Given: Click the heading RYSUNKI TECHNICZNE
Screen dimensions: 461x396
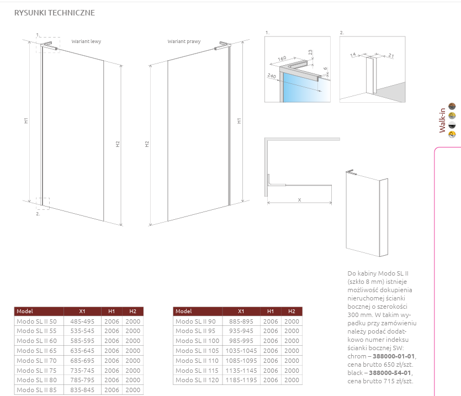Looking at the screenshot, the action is click(x=55, y=13).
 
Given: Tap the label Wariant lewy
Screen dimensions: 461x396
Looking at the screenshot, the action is click(x=86, y=41).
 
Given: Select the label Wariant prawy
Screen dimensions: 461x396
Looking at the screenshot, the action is click(x=184, y=41).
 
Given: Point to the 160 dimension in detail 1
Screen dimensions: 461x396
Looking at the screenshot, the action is click(x=282, y=59).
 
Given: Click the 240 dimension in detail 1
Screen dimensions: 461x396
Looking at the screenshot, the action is click(x=272, y=76).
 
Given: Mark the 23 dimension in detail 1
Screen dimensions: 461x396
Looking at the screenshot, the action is click(x=310, y=52).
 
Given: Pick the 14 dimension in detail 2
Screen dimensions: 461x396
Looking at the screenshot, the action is click(x=353, y=55).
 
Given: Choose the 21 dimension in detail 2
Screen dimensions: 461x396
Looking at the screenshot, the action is click(x=391, y=55).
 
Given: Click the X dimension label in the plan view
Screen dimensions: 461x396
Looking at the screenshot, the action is click(x=299, y=200).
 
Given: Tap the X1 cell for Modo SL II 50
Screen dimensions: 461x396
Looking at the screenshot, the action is click(x=82, y=321).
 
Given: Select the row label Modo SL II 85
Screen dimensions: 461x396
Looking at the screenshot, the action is click(x=37, y=390).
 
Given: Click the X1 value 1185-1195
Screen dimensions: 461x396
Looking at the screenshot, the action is click(x=241, y=380).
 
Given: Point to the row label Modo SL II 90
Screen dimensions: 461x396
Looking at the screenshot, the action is click(x=195, y=321).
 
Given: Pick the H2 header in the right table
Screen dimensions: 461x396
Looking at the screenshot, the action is click(x=292, y=311).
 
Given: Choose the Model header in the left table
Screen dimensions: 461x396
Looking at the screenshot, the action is click(x=25, y=311).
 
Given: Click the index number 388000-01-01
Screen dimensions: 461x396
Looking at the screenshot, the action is click(x=394, y=356).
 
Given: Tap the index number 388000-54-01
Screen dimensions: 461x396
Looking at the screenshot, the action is click(x=390, y=373).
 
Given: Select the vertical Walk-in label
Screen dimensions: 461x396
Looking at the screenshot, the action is click(x=442, y=120).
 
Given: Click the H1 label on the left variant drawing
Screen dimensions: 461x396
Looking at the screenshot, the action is click(x=26, y=120).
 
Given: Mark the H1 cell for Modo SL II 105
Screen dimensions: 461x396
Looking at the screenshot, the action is click(x=271, y=351).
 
